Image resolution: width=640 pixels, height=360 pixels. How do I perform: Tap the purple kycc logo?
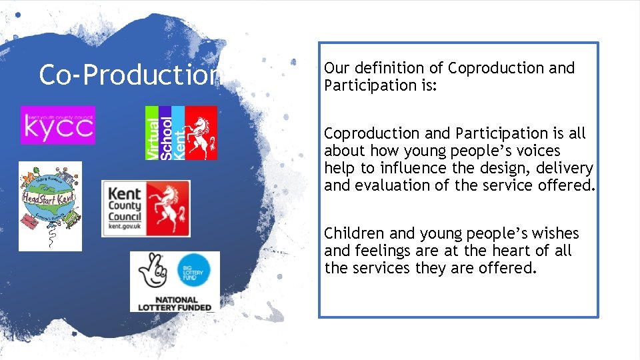(x=58, y=125)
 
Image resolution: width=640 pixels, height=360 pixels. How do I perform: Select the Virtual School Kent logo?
(x=181, y=133)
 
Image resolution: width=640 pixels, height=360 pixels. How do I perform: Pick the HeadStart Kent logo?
(x=50, y=206)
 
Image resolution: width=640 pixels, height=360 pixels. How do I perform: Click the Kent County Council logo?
(x=145, y=208)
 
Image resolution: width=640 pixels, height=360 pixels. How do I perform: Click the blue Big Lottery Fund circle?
(x=197, y=272)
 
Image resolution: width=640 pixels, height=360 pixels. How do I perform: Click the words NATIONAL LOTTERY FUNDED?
(x=175, y=303)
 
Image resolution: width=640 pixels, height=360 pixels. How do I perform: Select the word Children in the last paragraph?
(x=354, y=233)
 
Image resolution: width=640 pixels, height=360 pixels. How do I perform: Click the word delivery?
(x=565, y=168)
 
